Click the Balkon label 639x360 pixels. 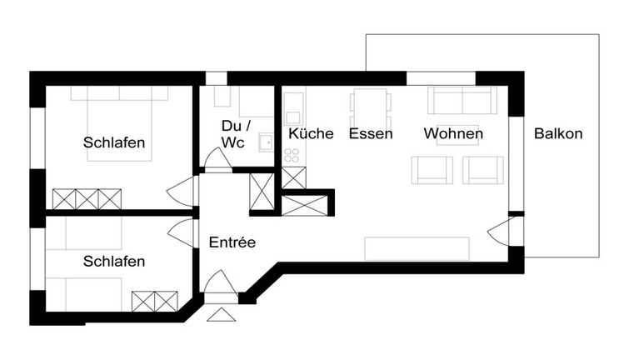click(558, 133)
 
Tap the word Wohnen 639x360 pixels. click(453, 133)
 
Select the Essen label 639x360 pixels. click(371, 133)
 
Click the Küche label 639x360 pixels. click(311, 133)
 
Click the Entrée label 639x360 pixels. click(232, 242)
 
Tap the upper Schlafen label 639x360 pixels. click(114, 142)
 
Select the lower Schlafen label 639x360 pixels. click(114, 261)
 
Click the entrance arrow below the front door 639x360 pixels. click(221, 314)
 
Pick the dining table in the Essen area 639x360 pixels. click(371, 103)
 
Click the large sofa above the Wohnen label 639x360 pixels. click(462, 101)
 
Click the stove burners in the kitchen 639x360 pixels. click(292, 156)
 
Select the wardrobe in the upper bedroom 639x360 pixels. click(87, 199)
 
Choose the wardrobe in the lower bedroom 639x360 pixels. click(156, 302)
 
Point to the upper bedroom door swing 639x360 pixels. click(182, 191)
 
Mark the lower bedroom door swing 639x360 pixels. click(182, 232)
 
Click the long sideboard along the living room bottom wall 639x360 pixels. click(417, 248)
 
